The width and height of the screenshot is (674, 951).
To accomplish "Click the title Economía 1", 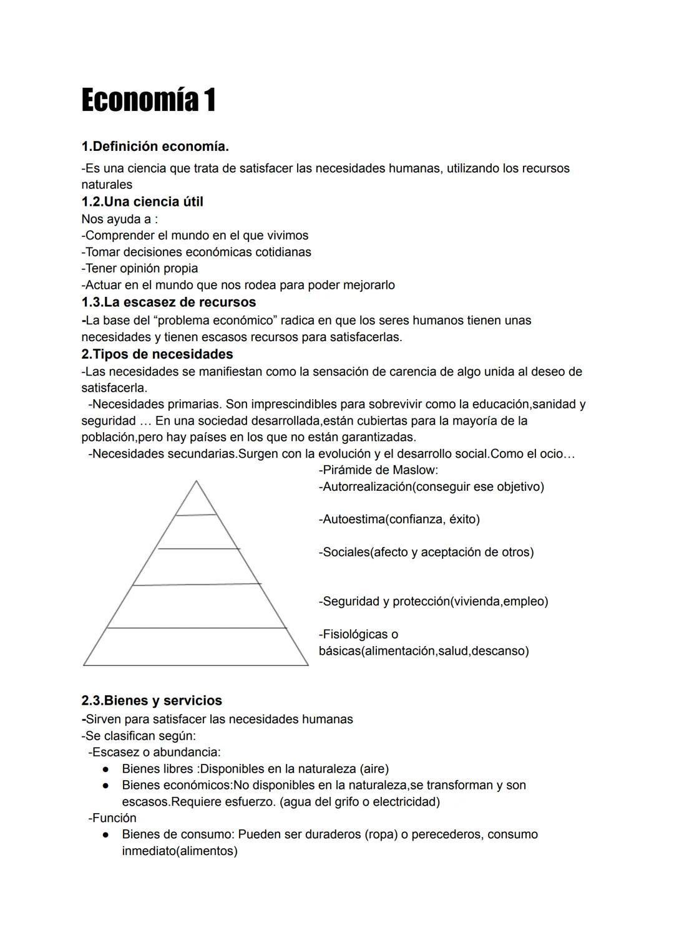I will click(149, 100).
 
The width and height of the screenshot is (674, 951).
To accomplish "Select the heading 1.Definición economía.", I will click(155, 147).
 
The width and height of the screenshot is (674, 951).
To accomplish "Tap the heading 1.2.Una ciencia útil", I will click(142, 201).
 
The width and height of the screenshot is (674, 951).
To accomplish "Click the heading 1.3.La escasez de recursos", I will click(168, 302).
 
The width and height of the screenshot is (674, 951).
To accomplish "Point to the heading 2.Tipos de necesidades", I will click(157, 354).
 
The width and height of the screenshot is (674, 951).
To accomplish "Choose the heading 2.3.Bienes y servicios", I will click(152, 701).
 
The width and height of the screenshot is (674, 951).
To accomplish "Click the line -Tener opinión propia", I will click(140, 269).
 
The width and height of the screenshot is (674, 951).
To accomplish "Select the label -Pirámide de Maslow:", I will click(378, 470).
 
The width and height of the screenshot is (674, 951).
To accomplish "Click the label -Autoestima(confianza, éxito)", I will click(399, 519).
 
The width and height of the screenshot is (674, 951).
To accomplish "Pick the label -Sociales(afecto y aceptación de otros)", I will click(426, 553).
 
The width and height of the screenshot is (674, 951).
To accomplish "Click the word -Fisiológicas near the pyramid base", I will click(358, 635).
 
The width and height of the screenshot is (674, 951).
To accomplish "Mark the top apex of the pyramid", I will click(196, 482).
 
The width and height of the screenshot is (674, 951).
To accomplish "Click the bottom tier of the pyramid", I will click(195, 647).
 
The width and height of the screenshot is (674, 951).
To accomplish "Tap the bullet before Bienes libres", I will click(107, 769).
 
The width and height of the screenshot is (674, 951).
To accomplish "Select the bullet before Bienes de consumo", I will click(107, 835).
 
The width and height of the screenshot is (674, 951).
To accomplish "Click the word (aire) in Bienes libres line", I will click(374, 769).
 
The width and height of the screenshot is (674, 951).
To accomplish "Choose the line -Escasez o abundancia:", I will click(154, 753).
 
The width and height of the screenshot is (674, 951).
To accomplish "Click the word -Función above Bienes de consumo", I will click(112, 818).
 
